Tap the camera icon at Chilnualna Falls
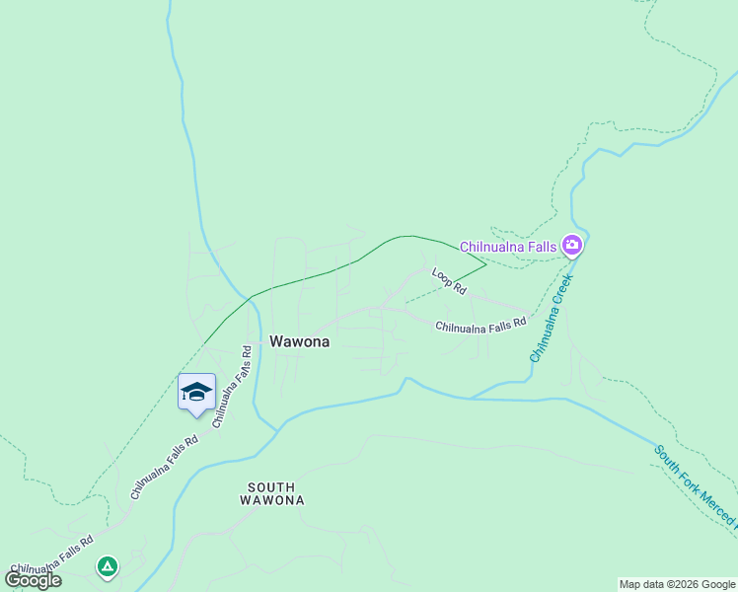coord(571,244)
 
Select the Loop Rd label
coord(448,280)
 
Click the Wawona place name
coord(299,341)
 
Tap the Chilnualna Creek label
coord(551,319)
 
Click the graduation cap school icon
coord(196,392)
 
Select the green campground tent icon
coord(107,566)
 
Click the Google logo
coord(33,579)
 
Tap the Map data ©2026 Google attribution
coord(677,584)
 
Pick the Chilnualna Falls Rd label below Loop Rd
coord(480,325)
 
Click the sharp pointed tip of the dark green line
coord(486,264)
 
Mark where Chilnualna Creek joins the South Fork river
coord(472,398)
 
